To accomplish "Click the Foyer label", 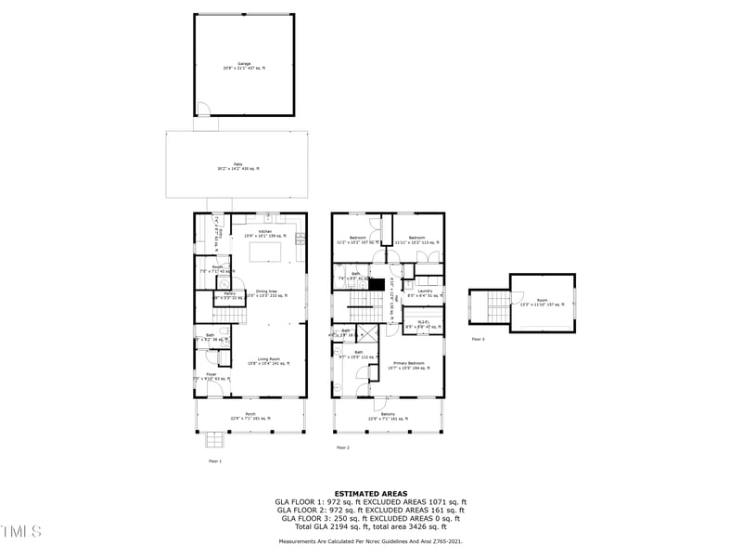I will [211, 376].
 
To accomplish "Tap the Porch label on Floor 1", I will [250, 416].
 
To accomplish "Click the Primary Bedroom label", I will [408, 366].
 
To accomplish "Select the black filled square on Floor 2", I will [376, 283].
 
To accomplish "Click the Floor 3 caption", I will [478, 340].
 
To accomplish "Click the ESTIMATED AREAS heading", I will [371, 494].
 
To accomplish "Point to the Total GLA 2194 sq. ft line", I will [371, 527].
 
